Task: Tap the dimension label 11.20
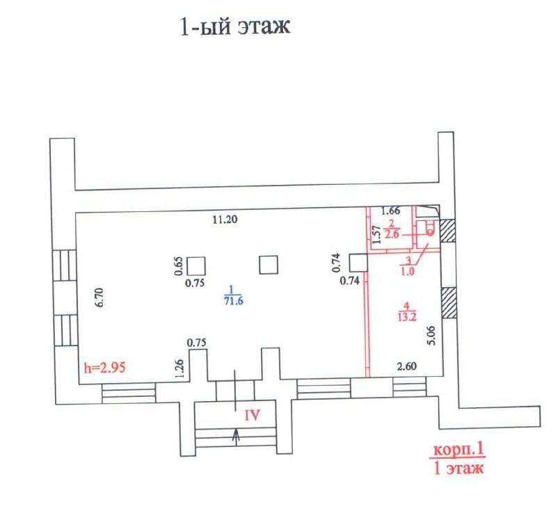(x=225, y=219)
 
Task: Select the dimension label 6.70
(x=99, y=297)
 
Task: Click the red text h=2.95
(x=104, y=367)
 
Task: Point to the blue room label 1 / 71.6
(x=234, y=295)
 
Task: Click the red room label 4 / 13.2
(x=407, y=311)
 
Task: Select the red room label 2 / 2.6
(x=392, y=229)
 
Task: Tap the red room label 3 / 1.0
(x=408, y=266)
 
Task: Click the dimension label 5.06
(x=432, y=336)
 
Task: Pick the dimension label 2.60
(x=407, y=366)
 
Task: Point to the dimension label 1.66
(x=390, y=211)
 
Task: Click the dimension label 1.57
(x=375, y=234)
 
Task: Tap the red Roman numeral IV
(x=252, y=415)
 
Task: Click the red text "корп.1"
(x=458, y=450)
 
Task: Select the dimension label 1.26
(x=179, y=369)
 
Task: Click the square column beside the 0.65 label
(x=196, y=266)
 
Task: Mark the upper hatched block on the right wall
(x=447, y=231)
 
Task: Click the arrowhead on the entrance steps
(x=235, y=434)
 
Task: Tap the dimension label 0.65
(x=179, y=266)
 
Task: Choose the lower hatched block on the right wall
(x=449, y=302)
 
